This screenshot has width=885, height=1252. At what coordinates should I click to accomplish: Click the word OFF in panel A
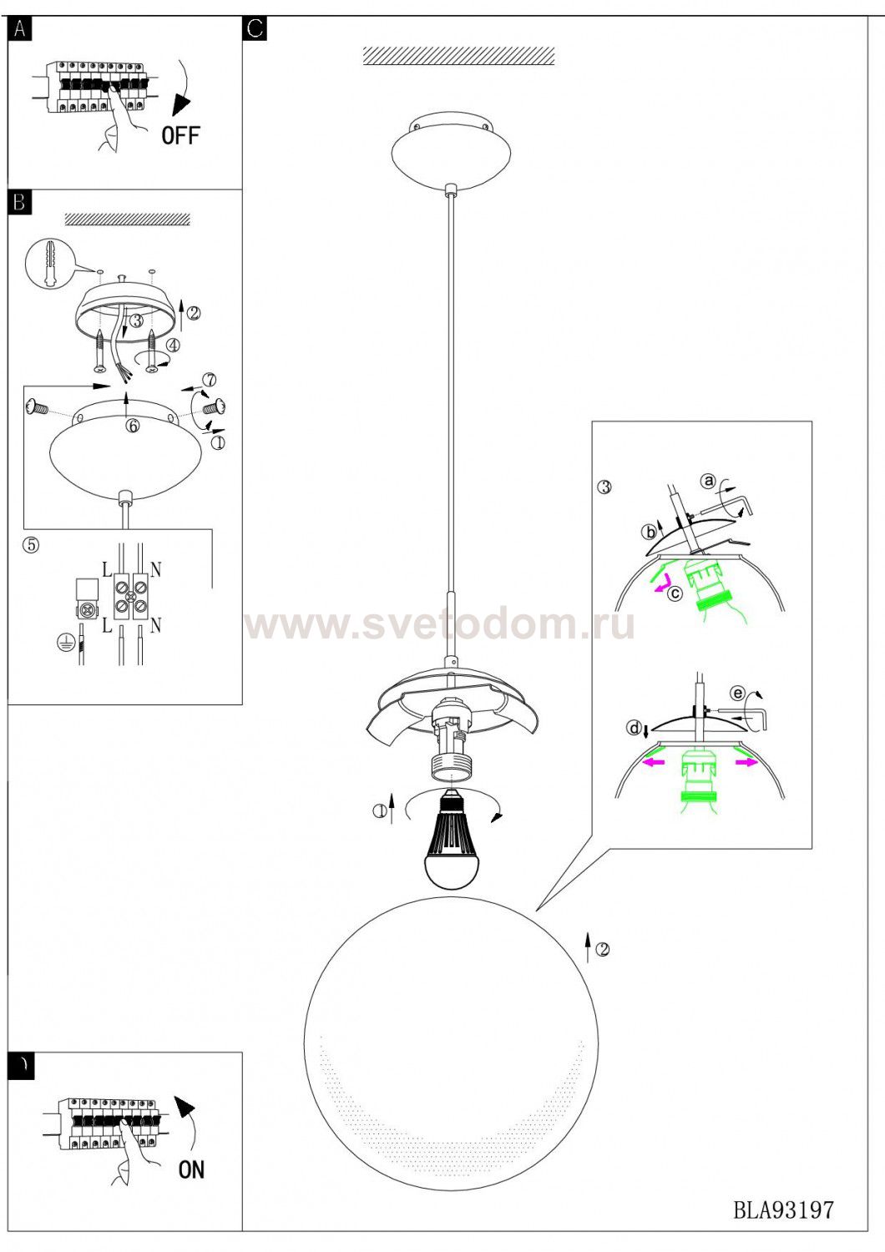[x=180, y=136]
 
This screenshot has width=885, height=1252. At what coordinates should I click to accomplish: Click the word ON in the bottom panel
[x=191, y=1169]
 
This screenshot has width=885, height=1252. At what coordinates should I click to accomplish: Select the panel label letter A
[x=19, y=28]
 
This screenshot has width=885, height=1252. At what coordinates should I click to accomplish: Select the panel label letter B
[x=19, y=202]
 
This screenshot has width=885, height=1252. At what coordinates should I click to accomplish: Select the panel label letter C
[x=255, y=28]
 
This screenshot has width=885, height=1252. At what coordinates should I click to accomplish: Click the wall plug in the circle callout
[x=48, y=265]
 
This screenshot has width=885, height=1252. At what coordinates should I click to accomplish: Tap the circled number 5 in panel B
[x=31, y=544]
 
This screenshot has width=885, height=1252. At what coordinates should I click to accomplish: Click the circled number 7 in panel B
[x=210, y=380]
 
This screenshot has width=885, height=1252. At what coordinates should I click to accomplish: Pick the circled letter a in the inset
[x=709, y=481]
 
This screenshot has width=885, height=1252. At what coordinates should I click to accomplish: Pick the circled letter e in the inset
[x=738, y=694]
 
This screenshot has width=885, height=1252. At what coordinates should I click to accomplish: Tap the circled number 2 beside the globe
[x=602, y=949]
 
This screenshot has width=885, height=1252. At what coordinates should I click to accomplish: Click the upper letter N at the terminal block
[x=155, y=570]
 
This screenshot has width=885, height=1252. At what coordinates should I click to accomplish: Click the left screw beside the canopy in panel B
[x=38, y=407]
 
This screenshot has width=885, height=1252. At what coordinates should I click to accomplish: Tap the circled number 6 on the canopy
[x=133, y=426]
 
